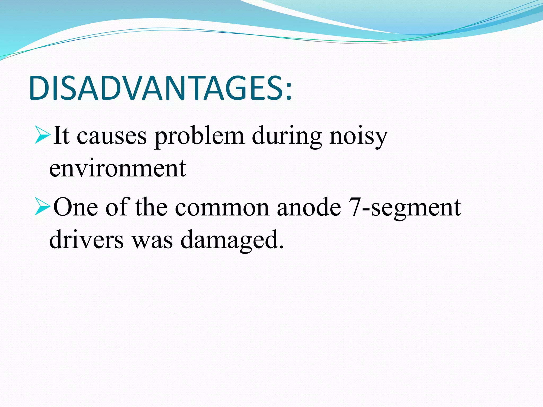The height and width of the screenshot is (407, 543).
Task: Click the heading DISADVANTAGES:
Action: point(160,88)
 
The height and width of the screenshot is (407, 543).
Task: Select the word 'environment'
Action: point(117,169)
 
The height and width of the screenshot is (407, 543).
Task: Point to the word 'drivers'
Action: point(86,239)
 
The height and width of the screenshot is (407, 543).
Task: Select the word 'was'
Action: point(152,240)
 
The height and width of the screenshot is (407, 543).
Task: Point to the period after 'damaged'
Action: point(281,247)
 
